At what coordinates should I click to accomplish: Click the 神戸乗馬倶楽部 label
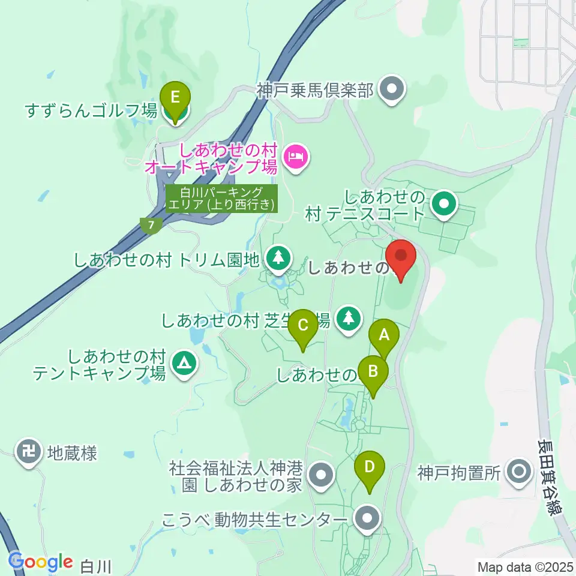click(316, 91)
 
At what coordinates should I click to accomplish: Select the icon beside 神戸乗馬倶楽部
click(392, 91)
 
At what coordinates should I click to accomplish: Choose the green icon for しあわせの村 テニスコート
click(444, 204)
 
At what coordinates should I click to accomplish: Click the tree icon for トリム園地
click(278, 258)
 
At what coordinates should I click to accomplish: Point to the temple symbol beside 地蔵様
click(29, 452)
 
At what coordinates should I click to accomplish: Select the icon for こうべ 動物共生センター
click(367, 519)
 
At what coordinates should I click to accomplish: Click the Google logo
click(41, 562)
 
